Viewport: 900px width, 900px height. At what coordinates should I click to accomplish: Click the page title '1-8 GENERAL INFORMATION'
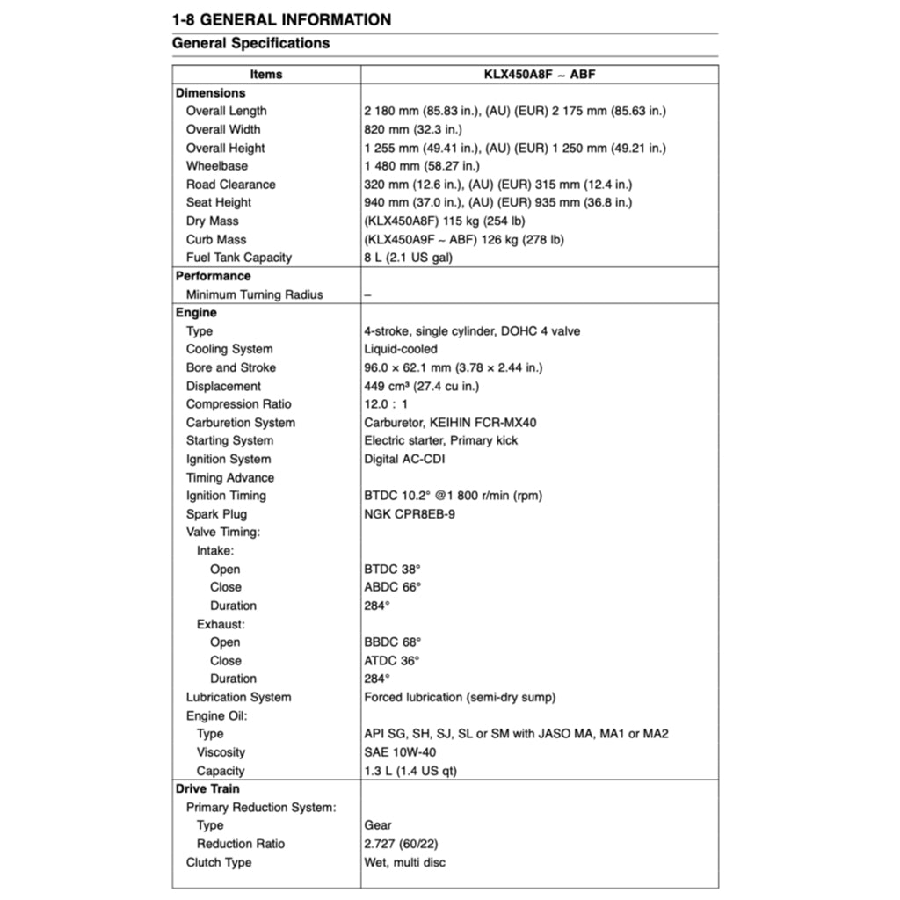(281, 18)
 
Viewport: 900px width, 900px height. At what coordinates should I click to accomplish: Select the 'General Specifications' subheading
(250, 43)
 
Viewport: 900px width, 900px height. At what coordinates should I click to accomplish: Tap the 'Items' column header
(265, 75)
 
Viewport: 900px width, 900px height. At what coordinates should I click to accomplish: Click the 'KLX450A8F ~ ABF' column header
(540, 75)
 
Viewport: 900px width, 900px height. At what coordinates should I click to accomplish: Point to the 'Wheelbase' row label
(216, 166)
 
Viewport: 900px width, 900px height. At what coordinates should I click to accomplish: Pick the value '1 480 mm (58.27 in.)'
(422, 166)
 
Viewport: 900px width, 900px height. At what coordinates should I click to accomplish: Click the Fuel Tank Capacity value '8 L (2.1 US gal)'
(409, 258)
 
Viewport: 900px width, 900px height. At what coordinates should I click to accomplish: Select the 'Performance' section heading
(213, 276)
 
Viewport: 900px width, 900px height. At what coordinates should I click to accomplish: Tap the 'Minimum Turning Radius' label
(254, 294)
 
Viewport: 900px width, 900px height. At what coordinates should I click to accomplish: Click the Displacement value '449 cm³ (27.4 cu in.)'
(421, 386)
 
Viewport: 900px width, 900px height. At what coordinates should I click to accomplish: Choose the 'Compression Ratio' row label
(238, 404)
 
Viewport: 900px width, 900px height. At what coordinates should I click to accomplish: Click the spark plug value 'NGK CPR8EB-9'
(410, 514)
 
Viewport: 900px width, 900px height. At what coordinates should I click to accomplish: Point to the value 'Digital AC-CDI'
(405, 459)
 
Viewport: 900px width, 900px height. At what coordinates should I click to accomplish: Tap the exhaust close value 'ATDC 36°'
(392, 660)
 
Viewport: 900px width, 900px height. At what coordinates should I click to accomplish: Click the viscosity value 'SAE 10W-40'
(400, 752)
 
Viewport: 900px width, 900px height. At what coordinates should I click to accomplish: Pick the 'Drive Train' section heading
(207, 788)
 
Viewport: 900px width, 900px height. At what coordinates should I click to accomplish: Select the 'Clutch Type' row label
(218, 862)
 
